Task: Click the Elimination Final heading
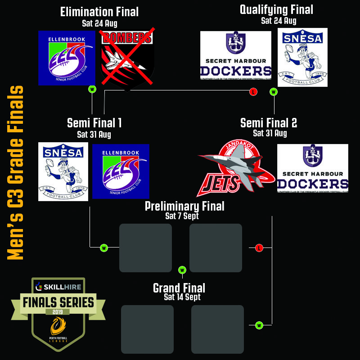tap(99, 12)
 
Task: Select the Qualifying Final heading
tap(276, 9)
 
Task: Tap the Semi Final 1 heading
tap(94, 123)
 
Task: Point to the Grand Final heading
tap(179, 288)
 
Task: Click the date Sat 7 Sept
tap(182, 216)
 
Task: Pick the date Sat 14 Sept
tap(182, 297)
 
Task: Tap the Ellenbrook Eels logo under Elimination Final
tap(67, 58)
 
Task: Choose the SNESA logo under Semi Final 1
tap(63, 171)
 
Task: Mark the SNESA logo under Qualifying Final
tap(302, 57)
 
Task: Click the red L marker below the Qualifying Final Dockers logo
tap(253, 92)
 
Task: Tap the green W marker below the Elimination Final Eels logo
tap(92, 89)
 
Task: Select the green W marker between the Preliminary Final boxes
tap(182, 270)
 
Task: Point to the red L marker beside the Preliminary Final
tap(259, 248)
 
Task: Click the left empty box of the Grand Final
tap(147, 329)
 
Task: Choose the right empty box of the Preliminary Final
tap(216, 248)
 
